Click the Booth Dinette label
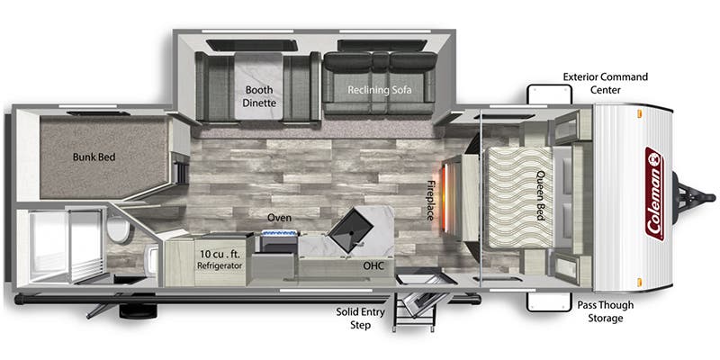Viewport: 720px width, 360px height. pyautogui.click(x=260, y=96)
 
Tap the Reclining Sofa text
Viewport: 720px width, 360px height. pyautogui.click(x=379, y=90)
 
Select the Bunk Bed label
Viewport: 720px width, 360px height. pyautogui.click(x=94, y=157)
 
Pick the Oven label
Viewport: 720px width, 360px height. pyautogui.click(x=279, y=218)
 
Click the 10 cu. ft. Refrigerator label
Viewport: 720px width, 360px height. pyautogui.click(x=220, y=259)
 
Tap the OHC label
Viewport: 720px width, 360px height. pyautogui.click(x=373, y=265)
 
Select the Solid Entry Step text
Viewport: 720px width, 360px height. pyautogui.click(x=361, y=319)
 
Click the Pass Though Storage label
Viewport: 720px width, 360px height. pyautogui.click(x=605, y=311)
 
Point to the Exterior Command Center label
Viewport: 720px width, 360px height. pyautogui.click(x=605, y=83)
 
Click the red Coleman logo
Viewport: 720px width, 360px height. pyautogui.click(x=654, y=193)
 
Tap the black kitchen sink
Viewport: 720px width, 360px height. pyautogui.click(x=352, y=229)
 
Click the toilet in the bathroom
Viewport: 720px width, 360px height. pyautogui.click(x=119, y=229)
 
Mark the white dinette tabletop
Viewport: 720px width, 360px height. pyautogui.click(x=258, y=85)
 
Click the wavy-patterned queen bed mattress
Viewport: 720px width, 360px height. pyautogui.click(x=519, y=197)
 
